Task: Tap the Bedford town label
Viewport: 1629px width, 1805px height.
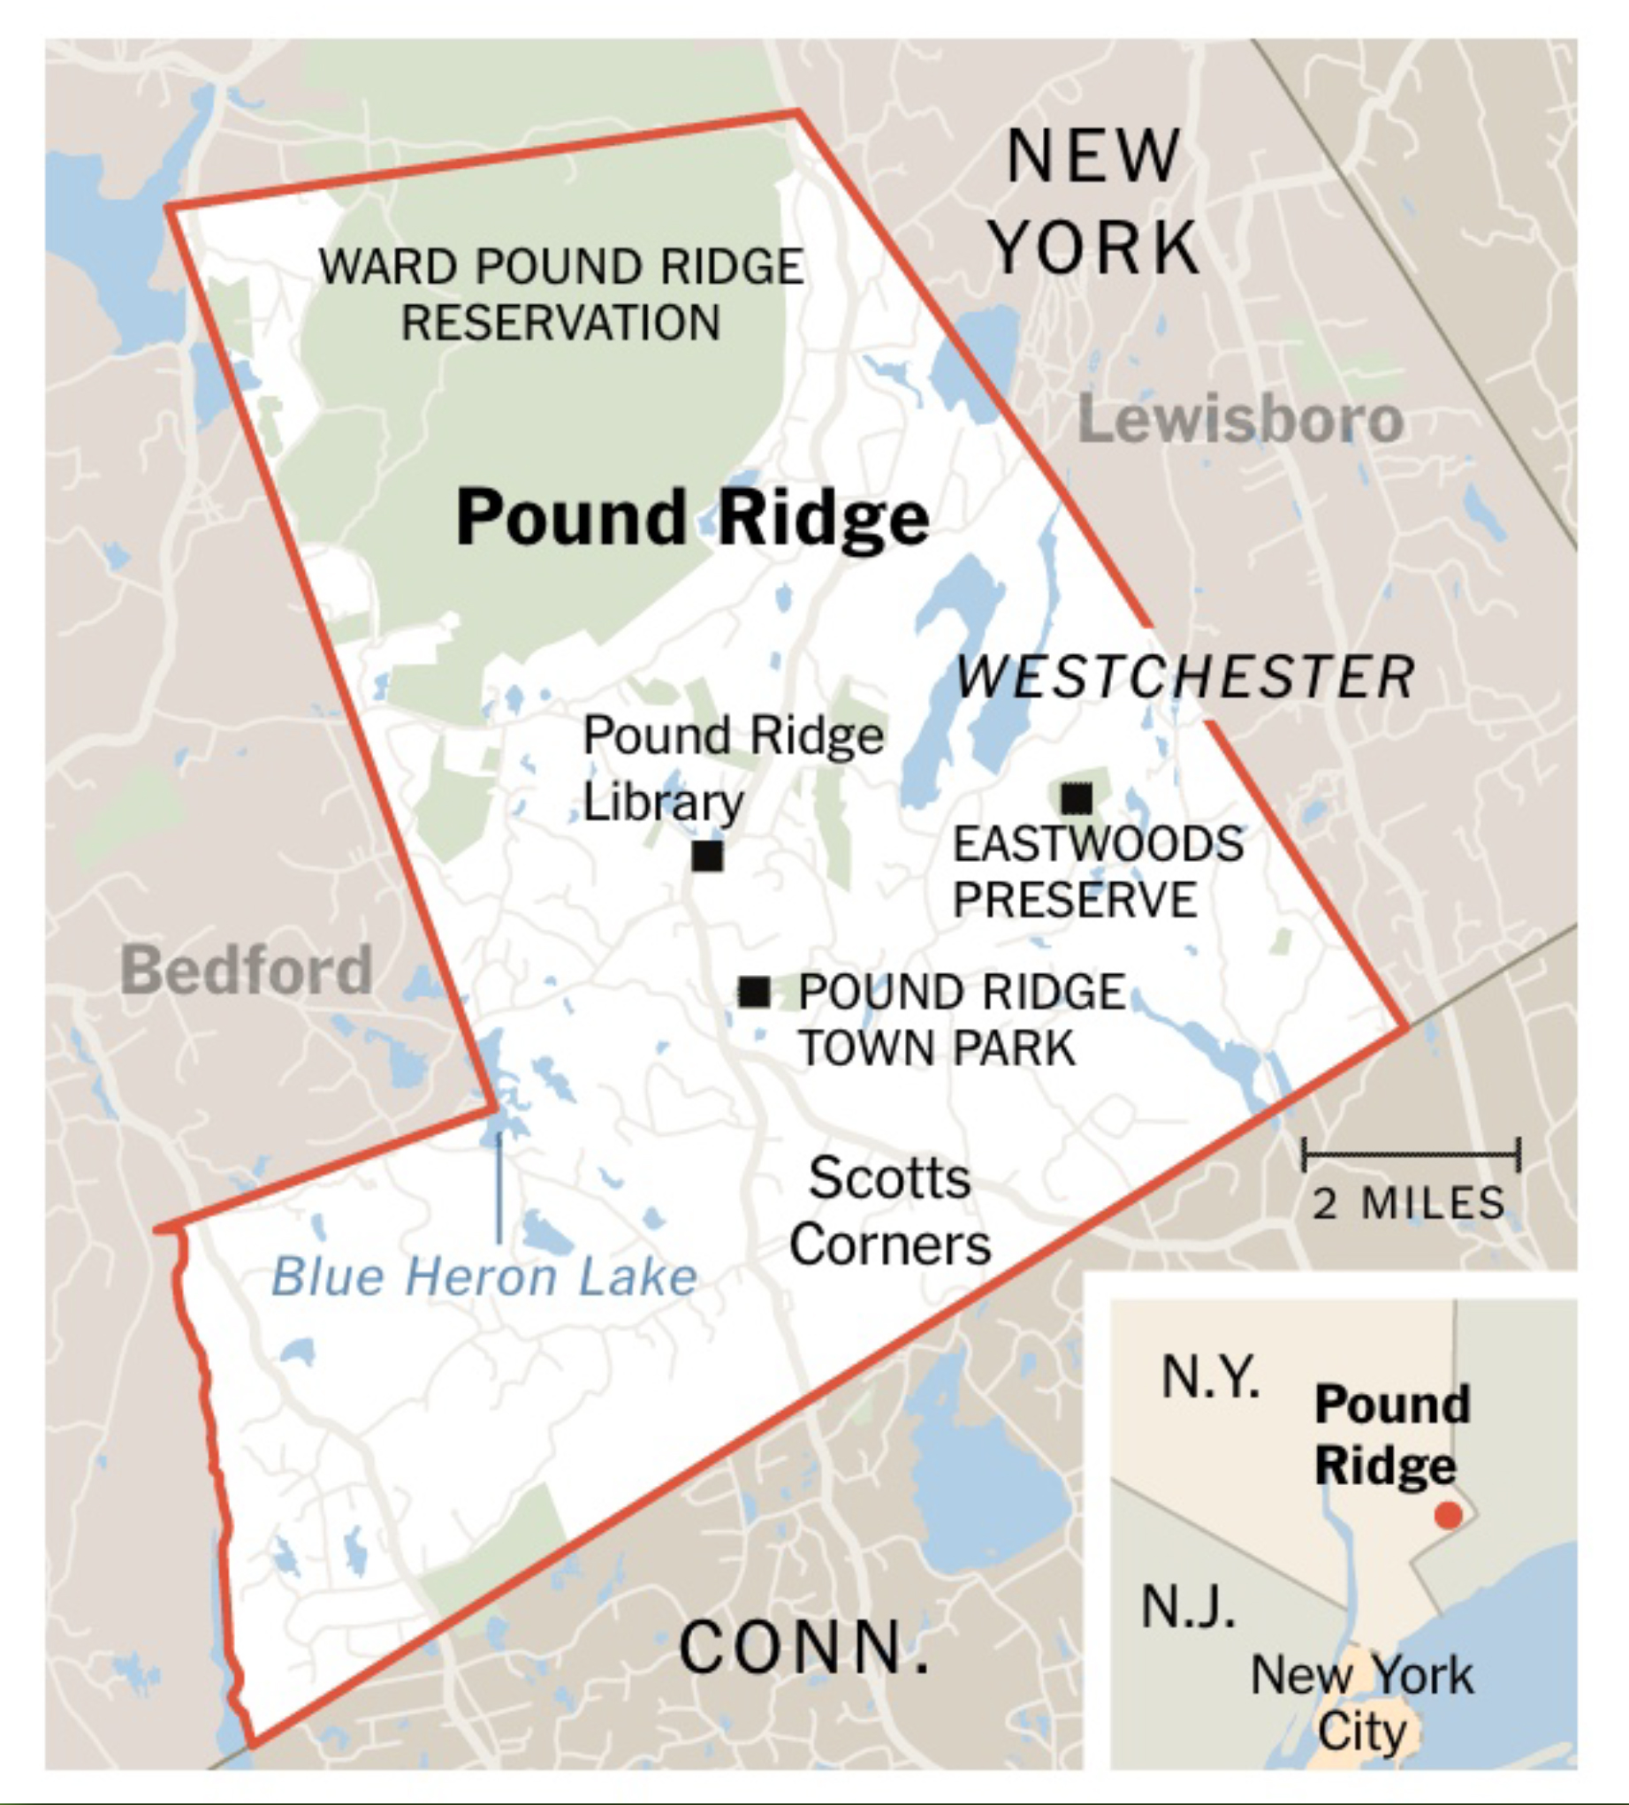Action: coord(246,970)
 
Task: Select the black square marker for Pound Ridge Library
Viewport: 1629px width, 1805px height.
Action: coord(707,857)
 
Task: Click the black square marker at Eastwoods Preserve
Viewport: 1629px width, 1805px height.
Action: coord(1077,796)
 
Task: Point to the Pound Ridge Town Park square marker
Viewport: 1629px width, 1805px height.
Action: coord(754,991)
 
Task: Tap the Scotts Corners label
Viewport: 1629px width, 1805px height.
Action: coord(890,1211)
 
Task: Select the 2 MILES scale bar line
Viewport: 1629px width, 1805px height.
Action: coord(1411,1154)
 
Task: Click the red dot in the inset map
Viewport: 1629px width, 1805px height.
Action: coord(1448,1515)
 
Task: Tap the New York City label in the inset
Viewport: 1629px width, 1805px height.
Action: coord(1361,1703)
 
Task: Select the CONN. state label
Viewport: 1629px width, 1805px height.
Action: coord(803,1648)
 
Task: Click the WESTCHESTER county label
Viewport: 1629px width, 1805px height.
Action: coord(1185,676)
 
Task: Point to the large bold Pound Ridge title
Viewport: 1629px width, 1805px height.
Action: coord(692,517)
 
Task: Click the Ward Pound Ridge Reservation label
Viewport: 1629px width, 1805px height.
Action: coord(561,294)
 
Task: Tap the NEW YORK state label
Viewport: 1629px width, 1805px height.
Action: coord(1093,201)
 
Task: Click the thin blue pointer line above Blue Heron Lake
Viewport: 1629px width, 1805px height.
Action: coord(499,1185)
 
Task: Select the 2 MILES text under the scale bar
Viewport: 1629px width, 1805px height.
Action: coord(1409,1203)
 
